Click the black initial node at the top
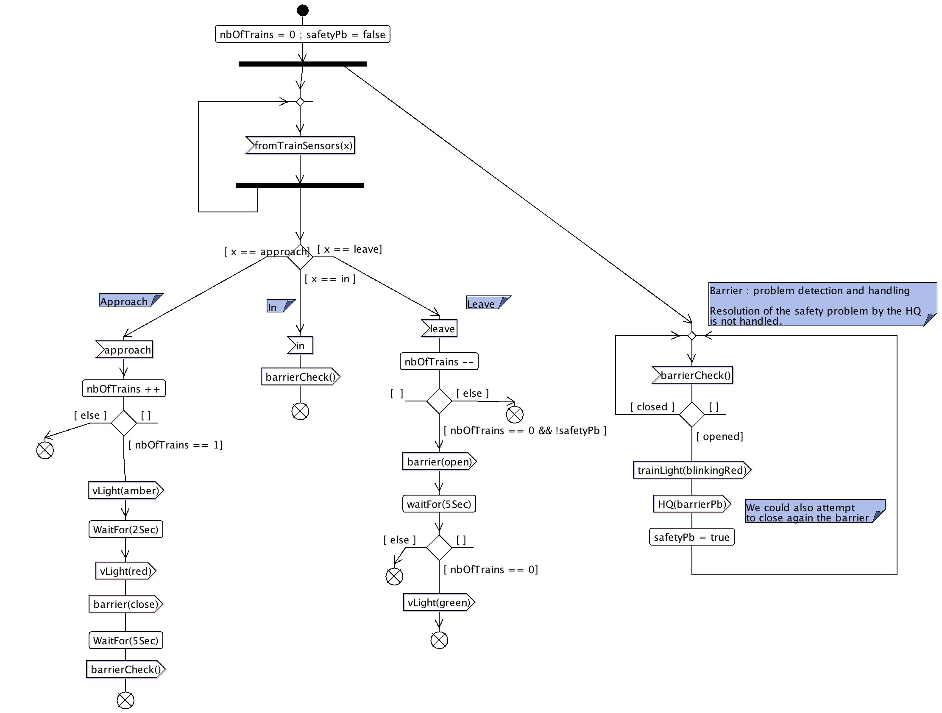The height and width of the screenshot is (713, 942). pyautogui.click(x=303, y=10)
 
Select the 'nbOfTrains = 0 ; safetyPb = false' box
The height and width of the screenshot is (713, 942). pyautogui.click(x=302, y=34)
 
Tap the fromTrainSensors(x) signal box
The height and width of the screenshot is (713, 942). pyautogui.click(x=301, y=146)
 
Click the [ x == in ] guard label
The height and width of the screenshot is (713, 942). pyautogui.click(x=330, y=279)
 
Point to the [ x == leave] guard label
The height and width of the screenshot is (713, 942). pyautogui.click(x=350, y=249)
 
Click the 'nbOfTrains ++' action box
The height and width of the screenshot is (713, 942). pyautogui.click(x=123, y=389)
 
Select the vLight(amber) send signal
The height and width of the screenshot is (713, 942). pyautogui.click(x=125, y=491)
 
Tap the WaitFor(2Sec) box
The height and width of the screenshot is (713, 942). pyautogui.click(x=125, y=529)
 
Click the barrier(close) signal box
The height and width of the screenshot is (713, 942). pyautogui.click(x=125, y=604)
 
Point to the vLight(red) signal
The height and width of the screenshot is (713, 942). pyautogui.click(x=125, y=571)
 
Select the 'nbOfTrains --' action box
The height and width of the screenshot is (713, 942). pyautogui.click(x=439, y=362)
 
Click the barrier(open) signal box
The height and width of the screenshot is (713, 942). pyautogui.click(x=439, y=462)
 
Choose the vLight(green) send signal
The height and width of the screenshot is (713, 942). pyautogui.click(x=439, y=602)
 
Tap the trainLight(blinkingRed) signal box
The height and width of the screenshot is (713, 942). pyautogui.click(x=691, y=470)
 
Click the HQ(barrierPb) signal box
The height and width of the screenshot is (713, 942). pyautogui.click(x=691, y=504)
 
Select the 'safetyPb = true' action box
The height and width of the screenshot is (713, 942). pyautogui.click(x=691, y=537)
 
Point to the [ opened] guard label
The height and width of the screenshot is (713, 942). pyautogui.click(x=720, y=437)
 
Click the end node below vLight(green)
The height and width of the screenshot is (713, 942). pyautogui.click(x=439, y=640)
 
